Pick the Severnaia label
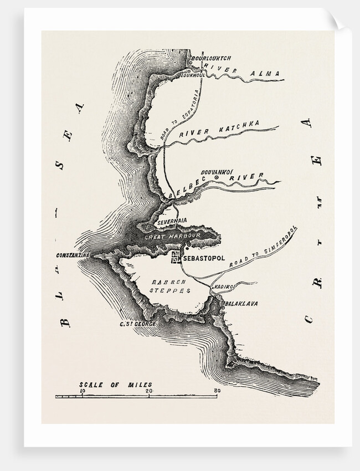point(173,221)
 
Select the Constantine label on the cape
point(74,254)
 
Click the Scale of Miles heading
point(115,384)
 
